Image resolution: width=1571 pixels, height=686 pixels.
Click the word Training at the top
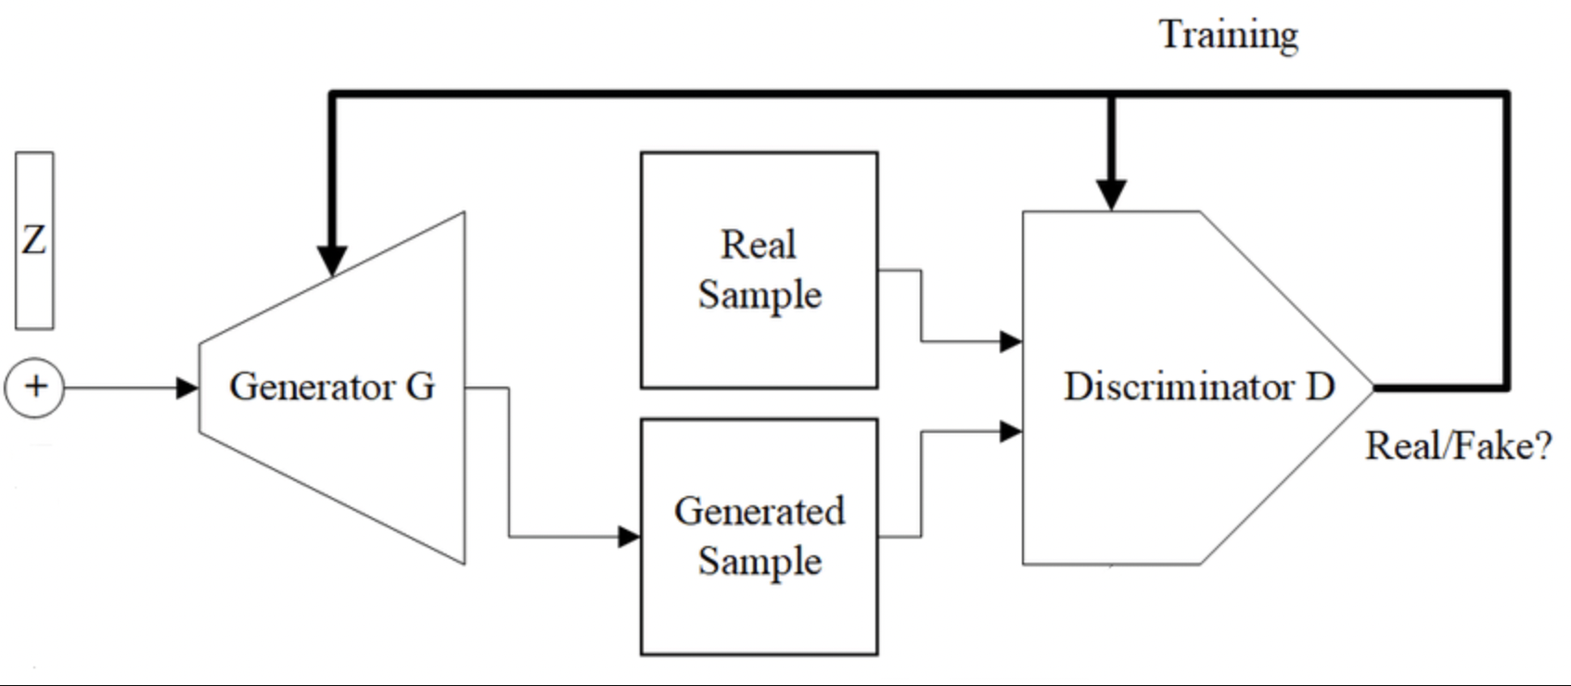coord(1228,35)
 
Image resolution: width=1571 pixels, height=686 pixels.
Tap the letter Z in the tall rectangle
coord(34,240)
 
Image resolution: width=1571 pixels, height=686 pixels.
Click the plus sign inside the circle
coord(35,386)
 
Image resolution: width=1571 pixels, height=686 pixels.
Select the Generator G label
coord(332,387)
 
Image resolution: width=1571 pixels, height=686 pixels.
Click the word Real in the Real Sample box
coord(759,245)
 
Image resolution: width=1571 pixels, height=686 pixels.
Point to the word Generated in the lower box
coord(760,511)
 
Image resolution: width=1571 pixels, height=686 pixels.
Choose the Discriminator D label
coord(1198,387)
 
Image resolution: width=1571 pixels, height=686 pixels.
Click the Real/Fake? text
coord(1458,446)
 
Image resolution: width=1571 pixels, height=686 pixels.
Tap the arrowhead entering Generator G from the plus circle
coord(188,387)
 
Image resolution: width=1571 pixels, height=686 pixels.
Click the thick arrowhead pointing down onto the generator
coord(332,260)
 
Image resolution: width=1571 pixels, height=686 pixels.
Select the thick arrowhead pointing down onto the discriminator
coord(1111,194)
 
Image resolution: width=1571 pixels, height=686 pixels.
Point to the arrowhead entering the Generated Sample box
coord(630,536)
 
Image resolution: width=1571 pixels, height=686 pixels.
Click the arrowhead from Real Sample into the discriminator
coord(1011,341)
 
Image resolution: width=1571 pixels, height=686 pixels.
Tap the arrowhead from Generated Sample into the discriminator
coord(1011,431)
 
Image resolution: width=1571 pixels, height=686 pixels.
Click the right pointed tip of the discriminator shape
coord(1372,387)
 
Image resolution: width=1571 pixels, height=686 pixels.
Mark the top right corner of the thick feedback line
coord(1507,94)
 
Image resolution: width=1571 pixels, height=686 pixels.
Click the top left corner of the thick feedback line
coord(332,94)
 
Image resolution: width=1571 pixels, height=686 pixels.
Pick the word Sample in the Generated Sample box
coord(760,561)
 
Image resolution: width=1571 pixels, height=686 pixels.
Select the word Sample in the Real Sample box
coord(760,295)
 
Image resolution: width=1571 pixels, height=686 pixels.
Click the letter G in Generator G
coord(420,387)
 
